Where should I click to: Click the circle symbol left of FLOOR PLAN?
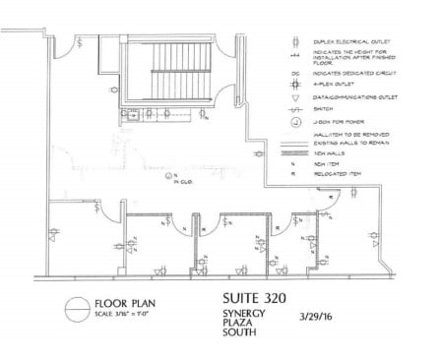(x=77, y=310)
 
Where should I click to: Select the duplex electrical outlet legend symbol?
(x=295, y=41)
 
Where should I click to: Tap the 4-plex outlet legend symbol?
(x=295, y=85)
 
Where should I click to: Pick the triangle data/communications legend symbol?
(x=295, y=97)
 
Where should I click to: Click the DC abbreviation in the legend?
(x=295, y=73)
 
